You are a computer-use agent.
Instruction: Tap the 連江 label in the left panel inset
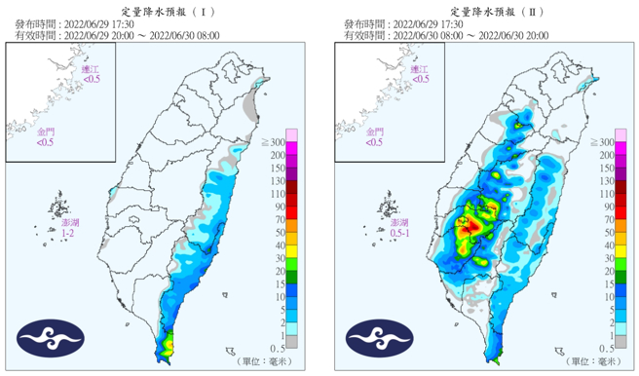click(x=91, y=69)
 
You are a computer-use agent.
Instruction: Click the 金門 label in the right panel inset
click(x=374, y=131)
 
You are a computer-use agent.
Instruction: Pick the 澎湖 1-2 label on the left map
click(x=65, y=230)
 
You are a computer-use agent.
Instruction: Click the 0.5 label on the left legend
click(x=279, y=347)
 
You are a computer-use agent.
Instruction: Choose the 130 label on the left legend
click(x=279, y=181)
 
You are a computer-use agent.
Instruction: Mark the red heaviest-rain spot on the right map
click(x=470, y=226)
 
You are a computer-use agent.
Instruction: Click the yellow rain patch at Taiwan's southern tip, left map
click(x=169, y=344)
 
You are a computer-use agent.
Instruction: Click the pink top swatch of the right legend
click(x=620, y=134)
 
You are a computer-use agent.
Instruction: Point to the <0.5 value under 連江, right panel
click(x=418, y=79)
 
